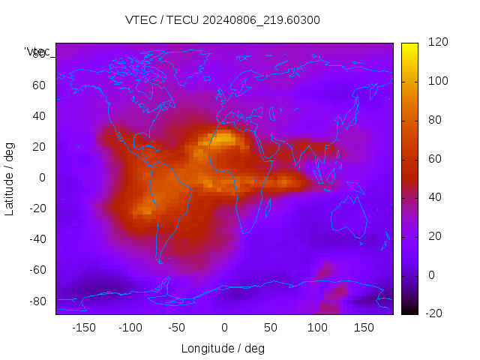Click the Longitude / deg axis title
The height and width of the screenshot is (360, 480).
click(x=223, y=349)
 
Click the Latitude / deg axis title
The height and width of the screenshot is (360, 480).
click(x=10, y=178)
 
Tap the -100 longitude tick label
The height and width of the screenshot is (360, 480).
click(x=130, y=328)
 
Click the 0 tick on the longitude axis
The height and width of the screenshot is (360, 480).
click(x=223, y=328)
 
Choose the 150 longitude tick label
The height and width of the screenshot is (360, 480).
click(x=364, y=328)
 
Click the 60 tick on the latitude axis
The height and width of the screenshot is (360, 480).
click(x=39, y=85)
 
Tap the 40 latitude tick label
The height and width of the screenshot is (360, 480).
click(x=39, y=116)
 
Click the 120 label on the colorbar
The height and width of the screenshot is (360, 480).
click(x=438, y=43)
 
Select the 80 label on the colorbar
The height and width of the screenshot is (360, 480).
click(x=435, y=120)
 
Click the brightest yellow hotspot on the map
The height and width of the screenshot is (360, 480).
click(x=224, y=138)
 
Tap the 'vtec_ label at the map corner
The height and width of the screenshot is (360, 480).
click(x=37, y=52)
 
